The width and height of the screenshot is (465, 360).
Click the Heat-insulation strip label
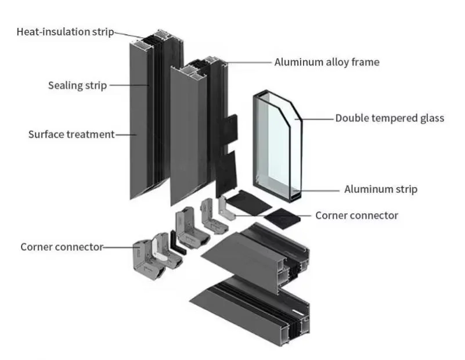click(65, 31)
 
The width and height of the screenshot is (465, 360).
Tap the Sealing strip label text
click(77, 86)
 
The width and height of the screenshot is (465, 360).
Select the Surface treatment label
click(71, 135)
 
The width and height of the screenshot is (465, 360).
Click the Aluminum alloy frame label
click(327, 62)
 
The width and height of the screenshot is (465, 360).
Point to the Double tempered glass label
click(390, 118)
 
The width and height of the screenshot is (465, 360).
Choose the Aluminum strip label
click(380, 189)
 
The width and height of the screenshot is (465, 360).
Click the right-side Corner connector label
click(356, 215)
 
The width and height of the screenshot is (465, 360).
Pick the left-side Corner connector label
click(62, 247)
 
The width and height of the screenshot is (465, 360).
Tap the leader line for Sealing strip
click(128, 86)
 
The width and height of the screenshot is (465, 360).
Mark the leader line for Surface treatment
click(125, 135)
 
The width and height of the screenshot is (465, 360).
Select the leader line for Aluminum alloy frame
click(250, 62)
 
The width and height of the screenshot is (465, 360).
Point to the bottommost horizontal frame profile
click(250, 308)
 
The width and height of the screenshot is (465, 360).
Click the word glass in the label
click(430, 118)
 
